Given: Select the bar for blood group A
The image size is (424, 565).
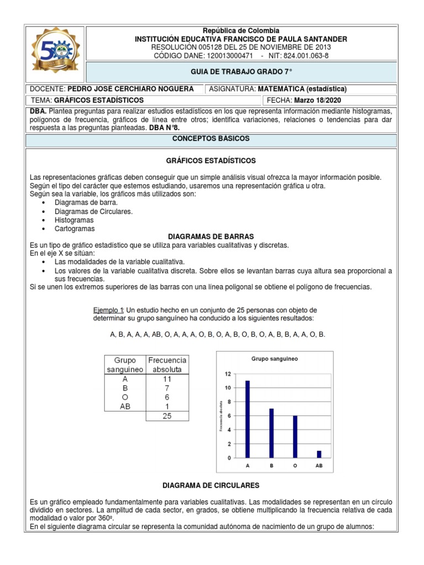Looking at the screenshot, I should click(248, 419).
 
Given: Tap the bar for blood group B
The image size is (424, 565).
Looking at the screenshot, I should click(272, 433).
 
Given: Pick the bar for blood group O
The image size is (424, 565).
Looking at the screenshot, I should click(295, 436).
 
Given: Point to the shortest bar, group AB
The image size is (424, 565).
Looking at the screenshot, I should click(319, 454).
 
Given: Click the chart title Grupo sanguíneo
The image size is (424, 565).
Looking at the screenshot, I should click(274, 359).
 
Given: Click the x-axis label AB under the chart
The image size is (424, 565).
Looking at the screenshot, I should click(319, 466).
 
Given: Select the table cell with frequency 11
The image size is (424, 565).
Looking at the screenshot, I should click(167, 379).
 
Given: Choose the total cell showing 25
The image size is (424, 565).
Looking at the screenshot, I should click(167, 417).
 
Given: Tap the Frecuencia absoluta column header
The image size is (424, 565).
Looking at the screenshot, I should click(167, 364).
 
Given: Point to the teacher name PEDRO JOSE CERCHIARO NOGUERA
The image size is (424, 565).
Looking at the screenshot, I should click(130, 89).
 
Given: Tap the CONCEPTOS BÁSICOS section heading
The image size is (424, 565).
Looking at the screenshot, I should click(211, 139).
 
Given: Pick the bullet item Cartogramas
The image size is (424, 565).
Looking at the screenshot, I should click(75, 228).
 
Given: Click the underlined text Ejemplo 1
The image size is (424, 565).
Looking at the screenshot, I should click(109, 310).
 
